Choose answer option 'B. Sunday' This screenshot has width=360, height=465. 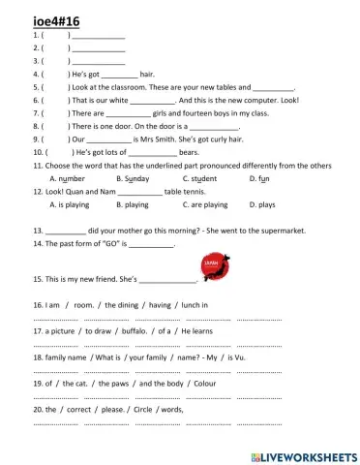pos(133,179)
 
